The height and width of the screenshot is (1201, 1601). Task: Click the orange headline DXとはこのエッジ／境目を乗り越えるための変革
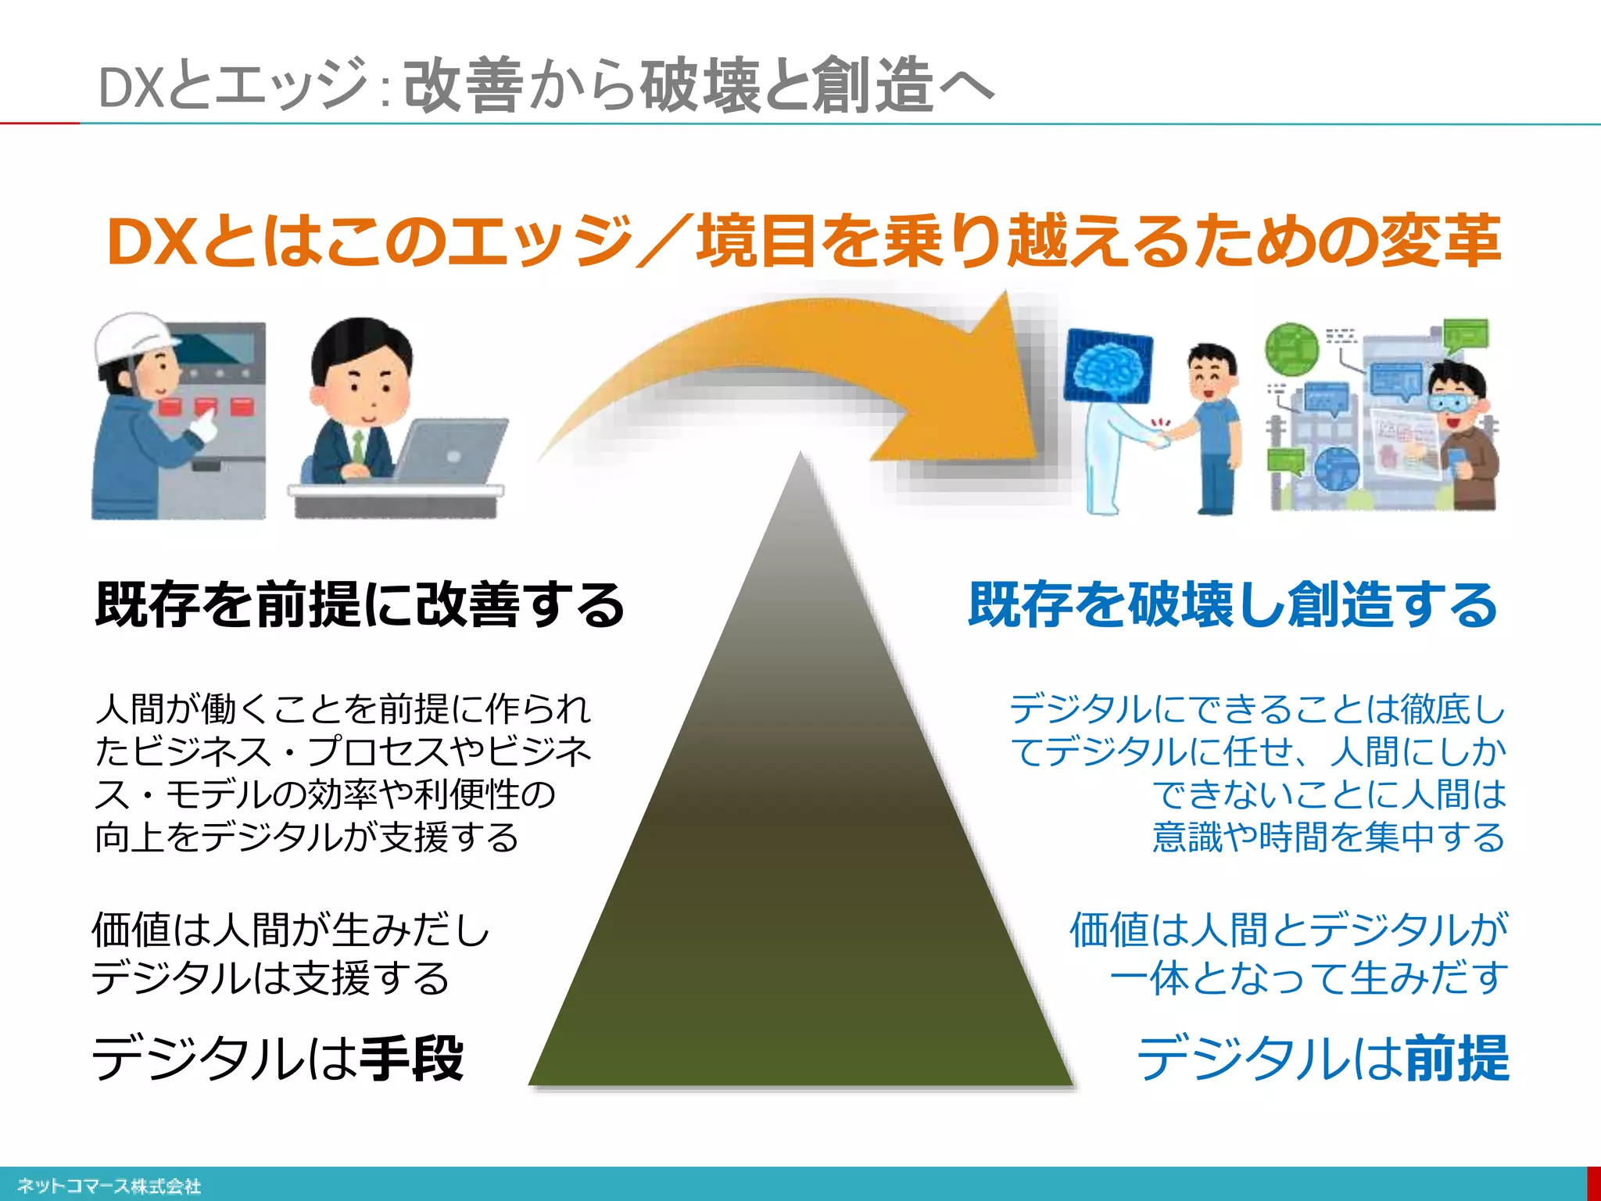coord(804,241)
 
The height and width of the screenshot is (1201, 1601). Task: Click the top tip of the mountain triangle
coord(800,457)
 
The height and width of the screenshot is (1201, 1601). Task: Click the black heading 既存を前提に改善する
coord(360,605)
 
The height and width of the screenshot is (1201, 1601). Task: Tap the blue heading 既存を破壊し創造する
coord(1233,605)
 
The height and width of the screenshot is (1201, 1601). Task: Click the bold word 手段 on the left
coord(413,1058)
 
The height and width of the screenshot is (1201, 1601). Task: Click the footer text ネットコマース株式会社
coord(109,1186)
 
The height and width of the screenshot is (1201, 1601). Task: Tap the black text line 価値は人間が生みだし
coord(290,930)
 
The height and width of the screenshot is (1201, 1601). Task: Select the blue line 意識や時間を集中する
coord(1328,837)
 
